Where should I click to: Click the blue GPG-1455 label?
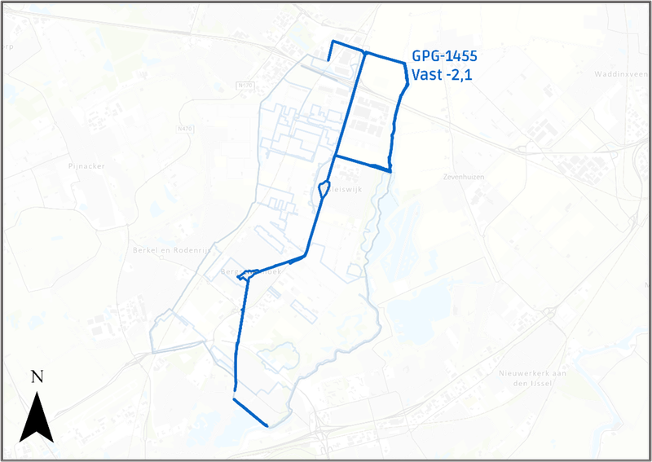click(x=444, y=58)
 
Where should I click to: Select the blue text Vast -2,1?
click(x=443, y=76)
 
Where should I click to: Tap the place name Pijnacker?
click(x=87, y=165)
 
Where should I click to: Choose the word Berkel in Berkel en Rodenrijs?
click(x=147, y=250)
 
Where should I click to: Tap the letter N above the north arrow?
click(x=37, y=376)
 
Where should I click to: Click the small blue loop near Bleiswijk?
click(x=324, y=189)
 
